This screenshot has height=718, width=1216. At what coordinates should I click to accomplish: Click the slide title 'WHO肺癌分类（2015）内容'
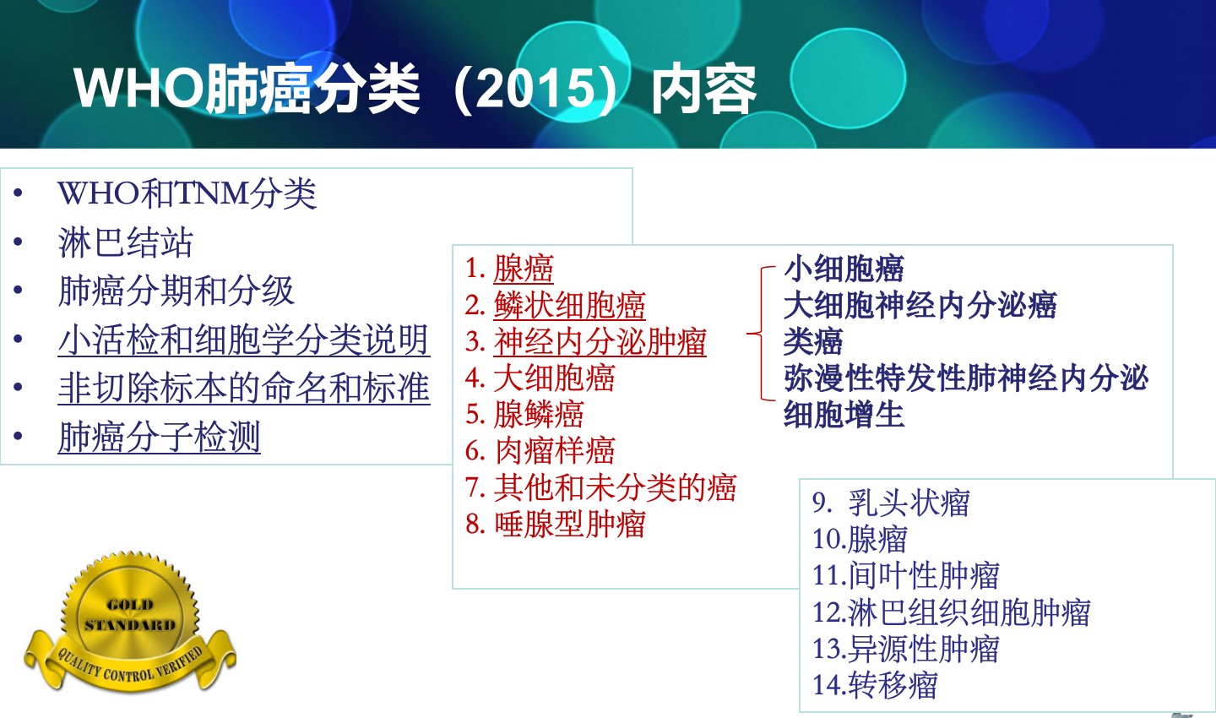pos(415,89)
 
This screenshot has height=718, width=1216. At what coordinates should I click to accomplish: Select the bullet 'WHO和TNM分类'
pos(187,193)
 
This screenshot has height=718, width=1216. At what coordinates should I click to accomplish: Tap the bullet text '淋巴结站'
pos(125,242)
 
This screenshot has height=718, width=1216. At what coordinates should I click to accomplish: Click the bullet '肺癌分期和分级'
pos(176,291)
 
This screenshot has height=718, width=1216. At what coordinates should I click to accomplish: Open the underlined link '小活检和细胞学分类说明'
pos(244,340)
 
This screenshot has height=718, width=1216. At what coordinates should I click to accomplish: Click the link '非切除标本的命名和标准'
pos(244,388)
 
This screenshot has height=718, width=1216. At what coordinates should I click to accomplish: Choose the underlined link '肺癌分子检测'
pos(159,437)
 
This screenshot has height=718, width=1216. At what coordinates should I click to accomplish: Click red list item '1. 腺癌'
pos(509,269)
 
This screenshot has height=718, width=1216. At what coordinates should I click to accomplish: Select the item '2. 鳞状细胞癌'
pos(556,305)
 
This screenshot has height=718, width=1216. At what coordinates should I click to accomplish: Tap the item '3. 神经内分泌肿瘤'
pos(586,341)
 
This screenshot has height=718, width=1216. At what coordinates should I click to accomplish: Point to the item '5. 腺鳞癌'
pos(524,415)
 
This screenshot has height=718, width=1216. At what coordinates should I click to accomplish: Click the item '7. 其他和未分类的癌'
pos(601,487)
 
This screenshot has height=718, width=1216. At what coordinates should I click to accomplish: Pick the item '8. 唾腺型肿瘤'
pos(556,524)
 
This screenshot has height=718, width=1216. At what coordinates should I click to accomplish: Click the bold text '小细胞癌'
pos(844,269)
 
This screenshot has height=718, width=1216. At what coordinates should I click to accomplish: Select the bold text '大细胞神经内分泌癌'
pos(920,305)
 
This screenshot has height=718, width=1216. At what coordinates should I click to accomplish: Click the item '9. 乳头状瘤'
pos(891,503)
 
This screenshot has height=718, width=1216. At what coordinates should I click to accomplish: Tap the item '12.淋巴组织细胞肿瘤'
pos(951,612)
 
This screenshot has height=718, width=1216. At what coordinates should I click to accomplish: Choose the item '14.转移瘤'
pos(875,685)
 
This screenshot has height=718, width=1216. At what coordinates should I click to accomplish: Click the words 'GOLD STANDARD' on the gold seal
pos(130,615)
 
